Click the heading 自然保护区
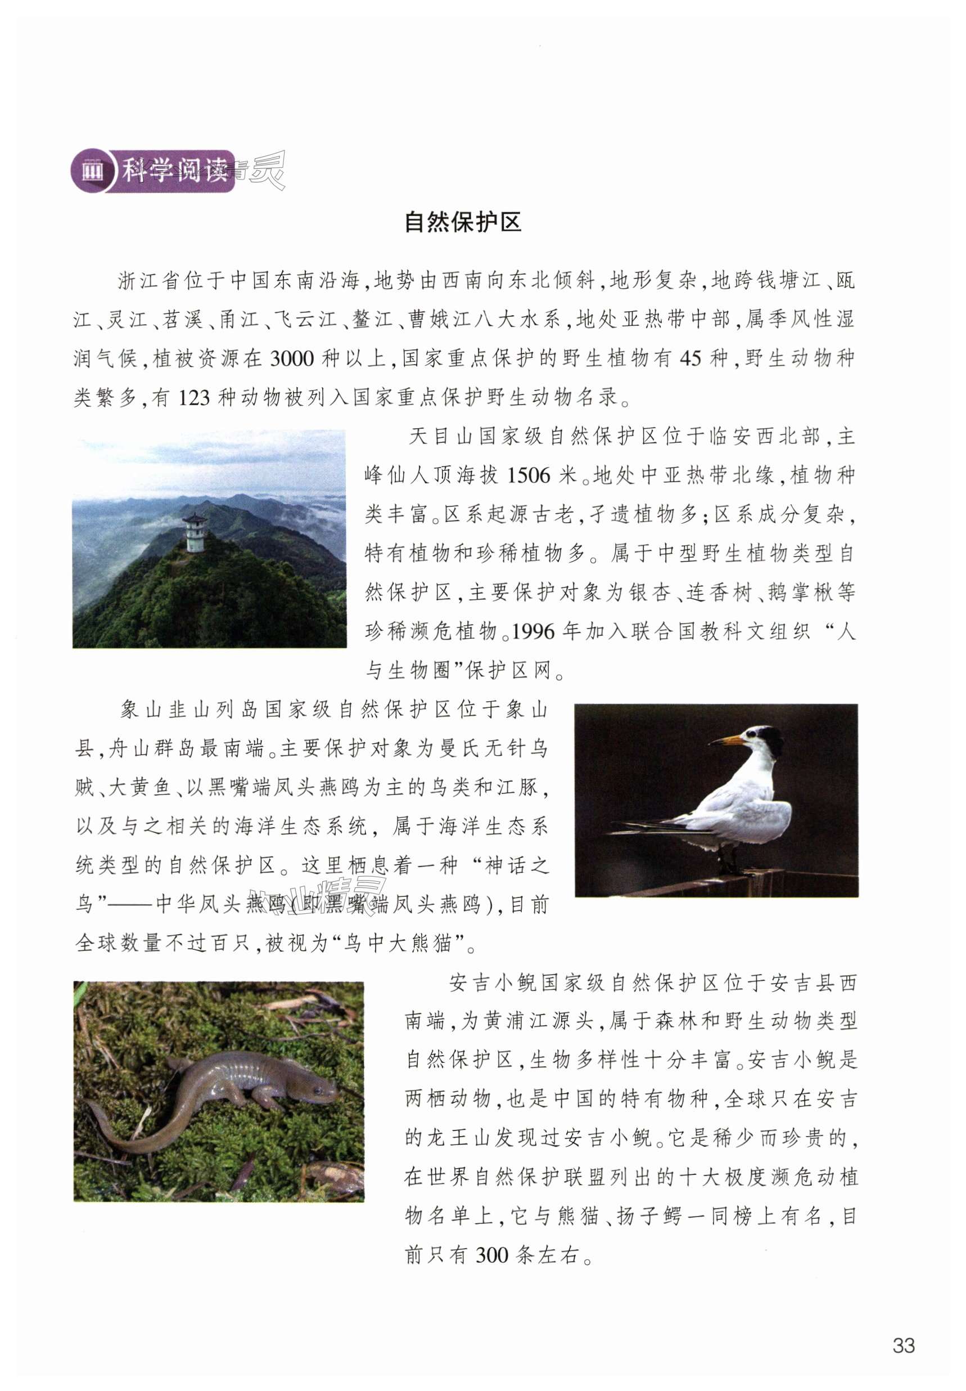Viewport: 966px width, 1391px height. point(462,222)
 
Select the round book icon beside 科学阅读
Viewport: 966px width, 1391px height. point(92,172)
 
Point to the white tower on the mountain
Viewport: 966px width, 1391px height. point(196,533)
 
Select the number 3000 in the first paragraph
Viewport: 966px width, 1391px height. point(292,359)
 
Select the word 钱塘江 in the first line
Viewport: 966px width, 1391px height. point(787,281)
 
